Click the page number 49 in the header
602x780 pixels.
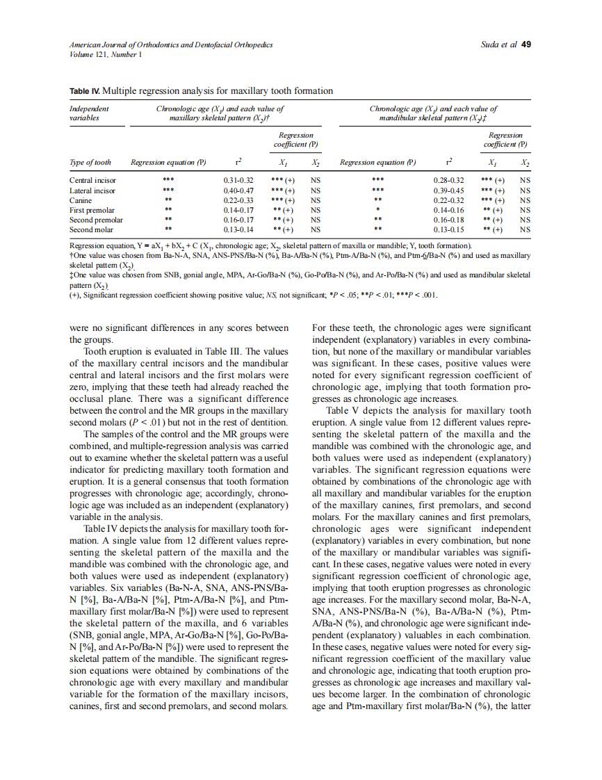(x=526, y=44)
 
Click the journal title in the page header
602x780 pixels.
(x=171, y=44)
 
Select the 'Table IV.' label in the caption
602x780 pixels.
(x=85, y=91)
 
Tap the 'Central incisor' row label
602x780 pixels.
(x=92, y=180)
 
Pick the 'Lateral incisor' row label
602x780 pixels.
(x=92, y=190)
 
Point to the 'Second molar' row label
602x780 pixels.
(x=91, y=229)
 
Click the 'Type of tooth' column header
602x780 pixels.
(x=90, y=163)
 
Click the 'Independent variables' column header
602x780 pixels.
(x=90, y=113)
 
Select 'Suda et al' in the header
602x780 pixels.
(x=498, y=44)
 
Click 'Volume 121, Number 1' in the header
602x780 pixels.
(x=106, y=54)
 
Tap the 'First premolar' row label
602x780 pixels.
(x=92, y=209)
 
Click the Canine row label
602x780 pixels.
(x=81, y=200)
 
